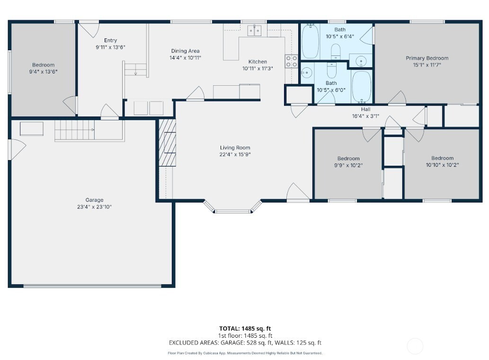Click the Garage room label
click(94, 200)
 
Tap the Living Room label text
click(235, 148)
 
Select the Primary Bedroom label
click(427, 58)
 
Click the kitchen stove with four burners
click(291, 61)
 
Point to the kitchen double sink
click(255, 31)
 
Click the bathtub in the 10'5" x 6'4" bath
click(310, 42)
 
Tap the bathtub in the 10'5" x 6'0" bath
click(362, 87)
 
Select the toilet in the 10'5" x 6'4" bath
click(336, 51)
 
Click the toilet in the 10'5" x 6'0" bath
click(331, 70)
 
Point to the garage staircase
click(74, 130)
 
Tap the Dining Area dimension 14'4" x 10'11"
click(185, 58)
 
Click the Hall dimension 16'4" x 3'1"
click(365, 116)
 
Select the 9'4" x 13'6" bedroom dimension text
click(44, 72)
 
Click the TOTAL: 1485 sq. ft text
click(245, 328)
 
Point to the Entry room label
click(110, 40)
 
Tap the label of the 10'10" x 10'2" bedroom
click(442, 158)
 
